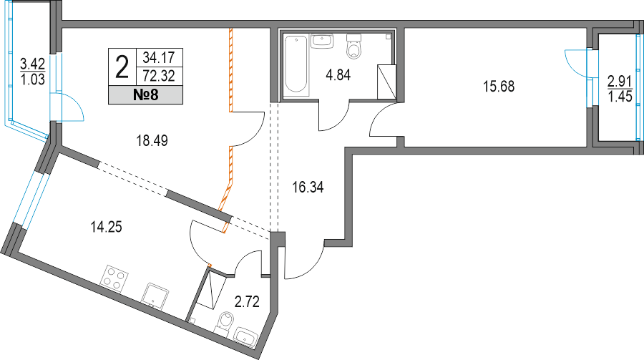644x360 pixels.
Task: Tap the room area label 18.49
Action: (151, 141)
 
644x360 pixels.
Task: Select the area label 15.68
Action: (499, 87)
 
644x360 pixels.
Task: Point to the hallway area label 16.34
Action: (308, 188)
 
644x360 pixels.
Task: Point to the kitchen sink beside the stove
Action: (155, 293)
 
